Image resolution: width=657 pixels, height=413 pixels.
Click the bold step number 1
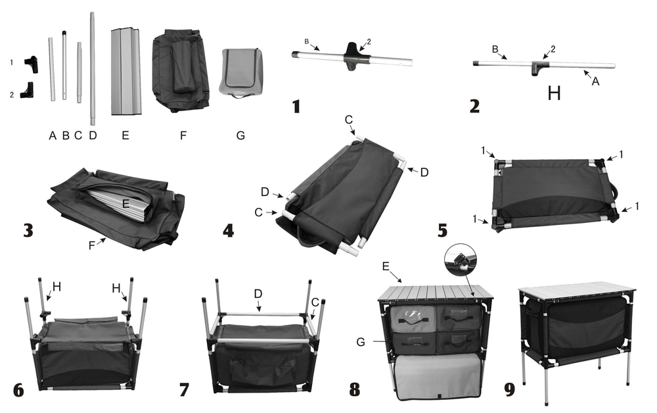click(296, 105)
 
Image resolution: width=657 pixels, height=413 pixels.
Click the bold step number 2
click(474, 105)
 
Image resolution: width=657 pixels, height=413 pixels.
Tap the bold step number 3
click(28, 231)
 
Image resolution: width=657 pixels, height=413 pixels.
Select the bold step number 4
click(228, 231)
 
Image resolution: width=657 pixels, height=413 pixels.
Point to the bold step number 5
click(442, 231)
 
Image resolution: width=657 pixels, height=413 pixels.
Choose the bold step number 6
click(18, 389)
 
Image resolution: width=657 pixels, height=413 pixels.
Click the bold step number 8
click(355, 389)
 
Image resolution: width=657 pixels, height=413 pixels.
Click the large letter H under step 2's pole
click(554, 93)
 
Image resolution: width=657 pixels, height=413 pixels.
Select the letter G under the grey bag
click(240, 135)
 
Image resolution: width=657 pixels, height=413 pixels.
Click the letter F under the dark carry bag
click(183, 135)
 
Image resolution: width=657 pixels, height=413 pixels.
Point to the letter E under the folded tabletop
click(125, 135)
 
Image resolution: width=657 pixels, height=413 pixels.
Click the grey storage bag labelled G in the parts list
click(241, 72)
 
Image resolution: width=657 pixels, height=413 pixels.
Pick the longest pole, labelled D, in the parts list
click(93, 69)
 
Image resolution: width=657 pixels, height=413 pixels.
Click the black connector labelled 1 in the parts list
click(32, 62)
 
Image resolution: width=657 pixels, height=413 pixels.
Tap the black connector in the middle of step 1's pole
click(353, 56)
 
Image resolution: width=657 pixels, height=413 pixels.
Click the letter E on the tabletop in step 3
click(125, 204)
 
